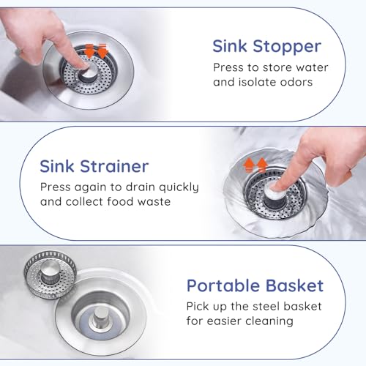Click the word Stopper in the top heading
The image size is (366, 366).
click(x=287, y=47)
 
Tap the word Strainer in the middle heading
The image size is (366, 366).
click(x=114, y=167)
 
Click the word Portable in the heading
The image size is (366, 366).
click(x=223, y=285)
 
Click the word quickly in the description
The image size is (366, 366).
click(x=179, y=187)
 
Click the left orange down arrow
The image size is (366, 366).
click(x=89, y=51)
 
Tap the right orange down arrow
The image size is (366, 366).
click(x=102, y=51)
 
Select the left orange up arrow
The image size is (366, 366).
click(x=249, y=165)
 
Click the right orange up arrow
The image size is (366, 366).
click(x=262, y=165)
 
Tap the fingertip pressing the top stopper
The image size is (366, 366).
click(x=83, y=65)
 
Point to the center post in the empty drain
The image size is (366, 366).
click(x=101, y=316)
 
